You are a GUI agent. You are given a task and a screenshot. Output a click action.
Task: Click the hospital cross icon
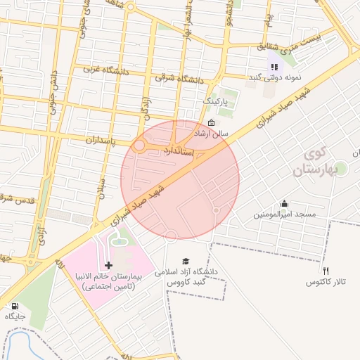click(108, 265)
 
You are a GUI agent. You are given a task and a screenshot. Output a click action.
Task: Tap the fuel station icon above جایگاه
click(15, 306)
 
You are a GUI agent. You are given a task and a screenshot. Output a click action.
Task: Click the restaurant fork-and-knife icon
click(326, 271)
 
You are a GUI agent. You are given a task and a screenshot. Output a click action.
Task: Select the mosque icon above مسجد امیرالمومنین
click(285, 202)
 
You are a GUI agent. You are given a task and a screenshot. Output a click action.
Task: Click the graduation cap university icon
click(186, 260)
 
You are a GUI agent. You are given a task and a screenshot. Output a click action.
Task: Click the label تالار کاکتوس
click(326, 282)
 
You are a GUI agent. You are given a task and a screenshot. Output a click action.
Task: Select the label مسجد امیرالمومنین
click(286, 213)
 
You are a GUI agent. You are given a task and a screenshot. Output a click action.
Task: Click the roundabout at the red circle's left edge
click(139, 146)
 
